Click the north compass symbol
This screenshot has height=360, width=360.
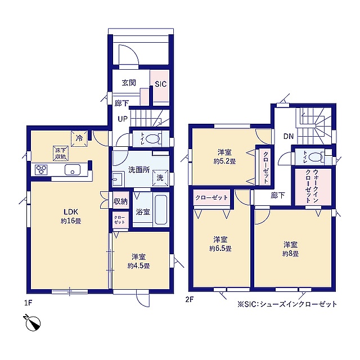coord(33,323)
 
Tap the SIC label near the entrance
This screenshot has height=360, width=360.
coord(161,84)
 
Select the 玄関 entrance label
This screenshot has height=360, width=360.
coord(129,83)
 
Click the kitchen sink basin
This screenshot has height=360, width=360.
coord(73,170)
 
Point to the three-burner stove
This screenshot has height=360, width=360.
coord(41,170)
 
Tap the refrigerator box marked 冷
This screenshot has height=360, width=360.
coord(79,138)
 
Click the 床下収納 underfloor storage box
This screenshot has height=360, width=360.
coord(61,153)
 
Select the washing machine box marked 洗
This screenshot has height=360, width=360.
coord(160,178)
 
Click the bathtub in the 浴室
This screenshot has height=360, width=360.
coord(161,210)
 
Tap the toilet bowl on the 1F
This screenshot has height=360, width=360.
coord(153,139)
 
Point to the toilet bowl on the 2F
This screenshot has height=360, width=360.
coord(316,157)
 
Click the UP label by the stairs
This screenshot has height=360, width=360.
coord(123,119)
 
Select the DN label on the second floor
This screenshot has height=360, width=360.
coord(289,136)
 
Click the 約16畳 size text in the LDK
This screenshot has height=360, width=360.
coord(71,221)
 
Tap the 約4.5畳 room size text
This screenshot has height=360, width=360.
coord(139,266)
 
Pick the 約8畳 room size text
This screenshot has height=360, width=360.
coord(290,254)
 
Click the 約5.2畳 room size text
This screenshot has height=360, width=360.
coord(224,161)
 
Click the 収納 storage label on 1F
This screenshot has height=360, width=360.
coord(120,201)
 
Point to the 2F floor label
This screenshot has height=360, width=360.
coord(190,300)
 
